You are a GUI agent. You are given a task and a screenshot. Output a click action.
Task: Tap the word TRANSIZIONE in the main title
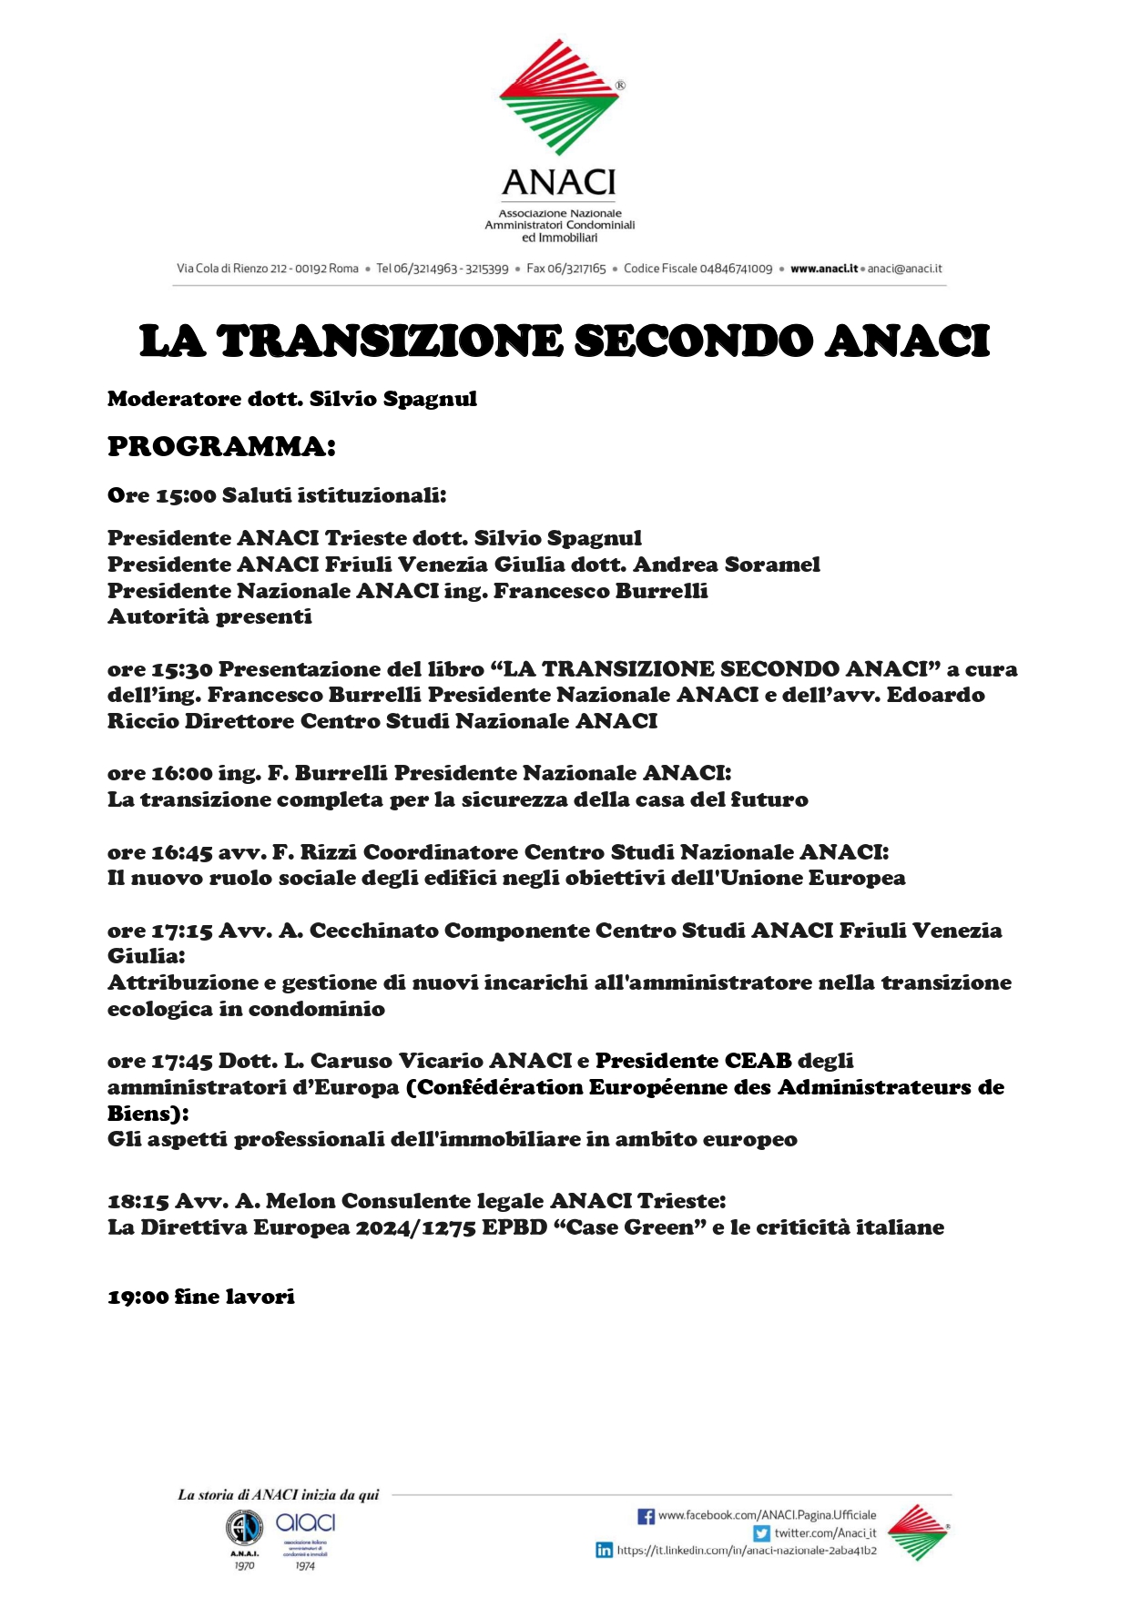point(390,341)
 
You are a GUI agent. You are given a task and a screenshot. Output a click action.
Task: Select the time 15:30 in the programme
point(182,669)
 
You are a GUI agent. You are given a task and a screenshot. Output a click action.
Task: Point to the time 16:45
point(182,852)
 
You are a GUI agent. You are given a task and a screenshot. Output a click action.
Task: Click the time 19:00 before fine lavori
point(137,1297)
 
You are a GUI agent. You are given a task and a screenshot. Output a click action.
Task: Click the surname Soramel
point(771,565)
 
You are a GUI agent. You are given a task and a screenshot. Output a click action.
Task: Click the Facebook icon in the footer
point(646,1516)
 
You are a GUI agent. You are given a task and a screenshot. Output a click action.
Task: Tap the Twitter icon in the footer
point(761,1533)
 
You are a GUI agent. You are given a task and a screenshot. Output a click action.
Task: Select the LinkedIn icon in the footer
point(604,1550)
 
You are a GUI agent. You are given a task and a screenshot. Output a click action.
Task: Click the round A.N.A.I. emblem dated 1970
point(243,1527)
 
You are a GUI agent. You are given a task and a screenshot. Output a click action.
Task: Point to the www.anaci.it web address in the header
point(824,269)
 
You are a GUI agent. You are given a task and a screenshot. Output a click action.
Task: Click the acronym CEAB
point(758,1061)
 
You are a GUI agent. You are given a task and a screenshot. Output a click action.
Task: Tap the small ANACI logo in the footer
point(918,1532)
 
